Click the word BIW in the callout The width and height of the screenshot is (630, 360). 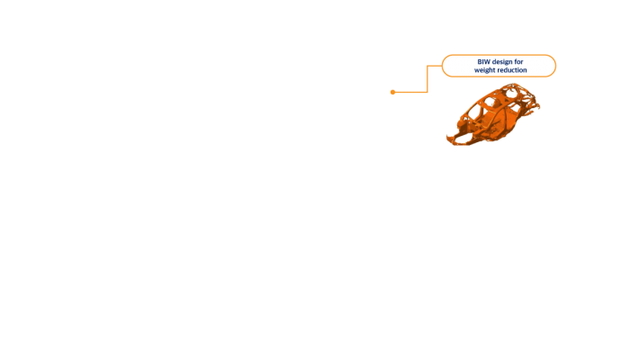(x=483, y=62)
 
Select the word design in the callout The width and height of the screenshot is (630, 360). (x=502, y=62)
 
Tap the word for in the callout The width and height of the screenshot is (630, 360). (x=518, y=61)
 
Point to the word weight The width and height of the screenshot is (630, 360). (x=484, y=70)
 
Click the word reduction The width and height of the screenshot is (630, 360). (x=512, y=70)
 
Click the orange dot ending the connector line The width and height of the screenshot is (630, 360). (x=393, y=92)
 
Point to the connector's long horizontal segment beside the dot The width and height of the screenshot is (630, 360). (x=410, y=92)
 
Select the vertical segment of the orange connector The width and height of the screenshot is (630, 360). (x=427, y=79)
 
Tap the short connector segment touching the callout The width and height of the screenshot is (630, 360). (x=435, y=66)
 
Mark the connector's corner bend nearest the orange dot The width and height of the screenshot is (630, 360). (x=427, y=92)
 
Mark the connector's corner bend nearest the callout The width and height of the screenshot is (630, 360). (x=427, y=66)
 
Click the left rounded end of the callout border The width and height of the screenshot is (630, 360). (x=443, y=66)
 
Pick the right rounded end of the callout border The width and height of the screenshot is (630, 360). (x=555, y=66)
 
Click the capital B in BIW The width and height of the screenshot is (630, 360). (x=480, y=62)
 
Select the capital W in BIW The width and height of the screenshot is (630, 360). (x=487, y=62)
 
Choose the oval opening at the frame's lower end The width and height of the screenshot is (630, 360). (x=460, y=139)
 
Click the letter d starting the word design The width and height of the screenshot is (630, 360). (x=494, y=62)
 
